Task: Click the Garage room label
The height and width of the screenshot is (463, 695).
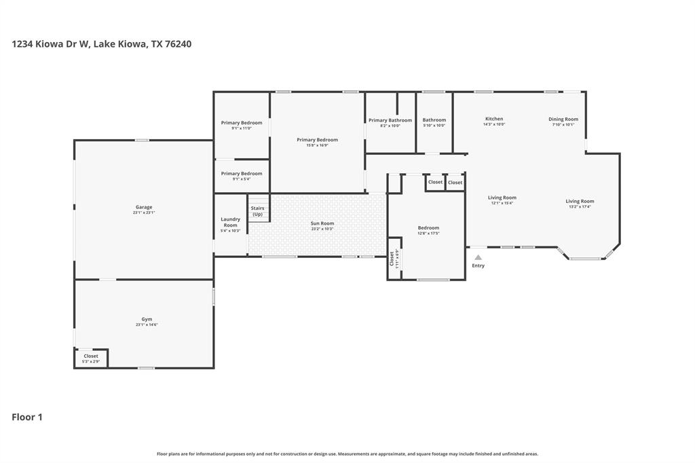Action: pyautogui.click(x=143, y=207)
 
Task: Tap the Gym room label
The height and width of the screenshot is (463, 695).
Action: pyautogui.click(x=147, y=319)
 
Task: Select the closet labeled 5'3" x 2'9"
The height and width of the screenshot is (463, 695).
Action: pyautogui.click(x=91, y=358)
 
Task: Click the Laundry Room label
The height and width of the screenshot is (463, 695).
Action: pyautogui.click(x=231, y=222)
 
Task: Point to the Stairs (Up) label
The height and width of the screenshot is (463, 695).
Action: pyautogui.click(x=257, y=211)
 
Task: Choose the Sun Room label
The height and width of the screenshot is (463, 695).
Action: pyautogui.click(x=322, y=223)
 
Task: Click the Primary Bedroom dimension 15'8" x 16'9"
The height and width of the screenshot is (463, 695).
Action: pyautogui.click(x=317, y=145)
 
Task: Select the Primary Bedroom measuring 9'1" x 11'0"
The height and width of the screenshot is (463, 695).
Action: pyautogui.click(x=242, y=125)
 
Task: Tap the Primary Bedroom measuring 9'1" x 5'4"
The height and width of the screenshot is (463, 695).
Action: pyautogui.click(x=242, y=176)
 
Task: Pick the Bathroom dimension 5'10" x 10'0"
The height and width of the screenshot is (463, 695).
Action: pyautogui.click(x=434, y=126)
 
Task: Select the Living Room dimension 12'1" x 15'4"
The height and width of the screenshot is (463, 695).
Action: pyautogui.click(x=502, y=203)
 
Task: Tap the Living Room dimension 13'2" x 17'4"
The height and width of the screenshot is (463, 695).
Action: pyautogui.click(x=580, y=206)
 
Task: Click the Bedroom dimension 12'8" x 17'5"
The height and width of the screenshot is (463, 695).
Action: pyautogui.click(x=428, y=234)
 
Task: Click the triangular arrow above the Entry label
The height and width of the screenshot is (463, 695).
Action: pyautogui.click(x=478, y=257)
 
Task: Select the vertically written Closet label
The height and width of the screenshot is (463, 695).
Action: pyautogui.click(x=392, y=258)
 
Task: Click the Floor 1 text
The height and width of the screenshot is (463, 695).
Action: pyautogui.click(x=27, y=417)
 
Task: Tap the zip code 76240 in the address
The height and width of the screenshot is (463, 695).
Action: pyautogui.click(x=178, y=44)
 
